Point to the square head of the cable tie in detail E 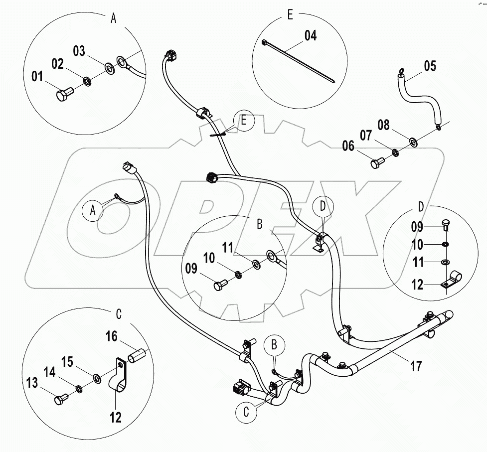point(264,43)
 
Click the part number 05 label point(430,66)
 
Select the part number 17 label point(416,367)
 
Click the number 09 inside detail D point(417,227)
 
